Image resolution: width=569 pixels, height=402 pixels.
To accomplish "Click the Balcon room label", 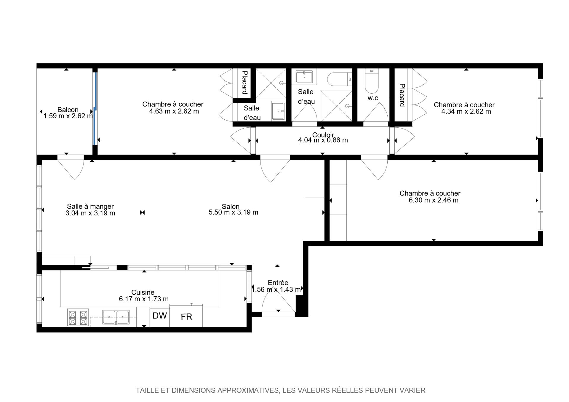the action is pyautogui.click(x=68, y=110).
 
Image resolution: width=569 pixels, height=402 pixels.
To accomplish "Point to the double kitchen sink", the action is pyautogui.click(x=116, y=317).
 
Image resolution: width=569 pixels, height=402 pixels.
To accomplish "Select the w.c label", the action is pyautogui.click(x=373, y=98).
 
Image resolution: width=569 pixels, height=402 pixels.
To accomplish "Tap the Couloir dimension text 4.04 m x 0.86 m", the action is pyautogui.click(x=323, y=140).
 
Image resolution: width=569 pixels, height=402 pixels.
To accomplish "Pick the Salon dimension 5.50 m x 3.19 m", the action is pyautogui.click(x=234, y=212).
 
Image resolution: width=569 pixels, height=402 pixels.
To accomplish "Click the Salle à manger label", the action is pyautogui.click(x=90, y=206).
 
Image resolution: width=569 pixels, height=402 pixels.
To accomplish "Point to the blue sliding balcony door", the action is pyautogui.click(x=95, y=108).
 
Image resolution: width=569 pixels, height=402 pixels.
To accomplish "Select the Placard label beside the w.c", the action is pyautogui.click(x=402, y=95).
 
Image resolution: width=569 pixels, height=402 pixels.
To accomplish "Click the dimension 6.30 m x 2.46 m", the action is pyautogui.click(x=434, y=200).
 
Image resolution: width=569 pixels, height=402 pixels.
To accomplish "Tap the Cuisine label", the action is pyautogui.click(x=143, y=292).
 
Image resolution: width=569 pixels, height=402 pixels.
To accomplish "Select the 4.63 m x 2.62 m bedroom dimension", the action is pyautogui.click(x=174, y=111).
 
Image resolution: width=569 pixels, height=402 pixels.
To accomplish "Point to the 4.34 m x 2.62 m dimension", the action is pyautogui.click(x=466, y=112).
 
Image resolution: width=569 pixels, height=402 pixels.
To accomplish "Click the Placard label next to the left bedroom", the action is pyautogui.click(x=245, y=82).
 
